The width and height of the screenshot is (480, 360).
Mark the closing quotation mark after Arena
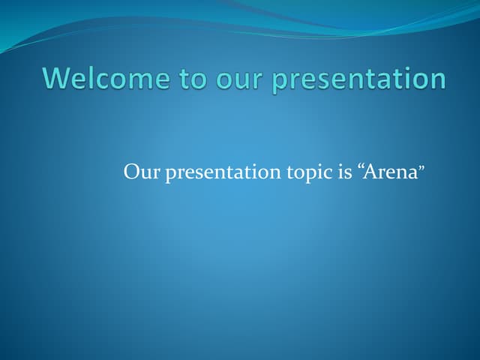422,168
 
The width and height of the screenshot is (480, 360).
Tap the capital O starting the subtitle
132,172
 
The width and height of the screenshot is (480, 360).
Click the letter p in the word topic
313,175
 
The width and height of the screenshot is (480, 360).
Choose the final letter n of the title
437,80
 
